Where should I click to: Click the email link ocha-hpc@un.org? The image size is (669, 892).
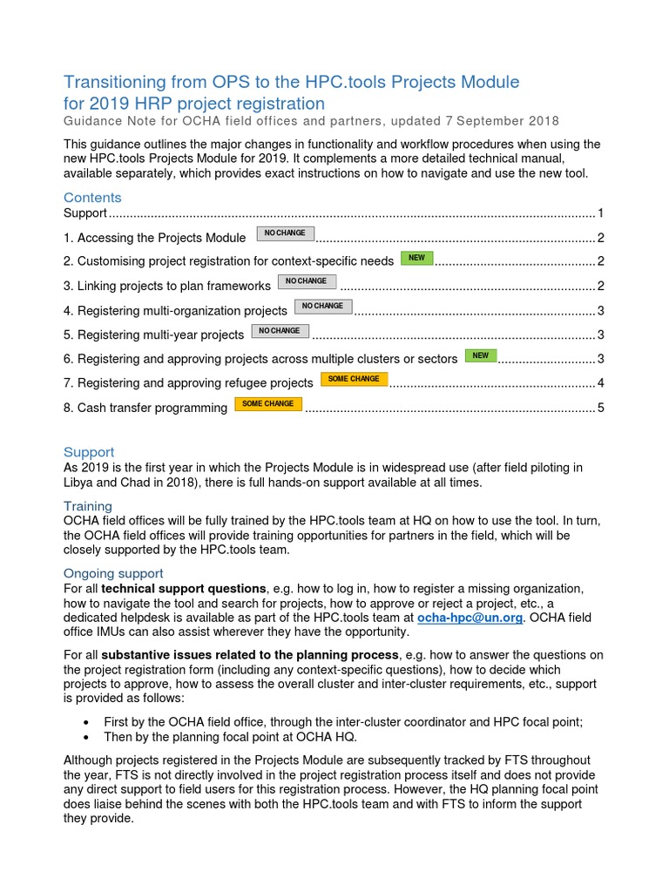click(x=470, y=617)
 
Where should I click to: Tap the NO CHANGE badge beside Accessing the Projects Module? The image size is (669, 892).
click(x=285, y=233)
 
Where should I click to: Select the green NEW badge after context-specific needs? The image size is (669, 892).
click(x=416, y=258)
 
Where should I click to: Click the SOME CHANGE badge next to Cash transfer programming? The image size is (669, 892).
click(x=267, y=404)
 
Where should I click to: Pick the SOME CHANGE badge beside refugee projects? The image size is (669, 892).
click(x=354, y=379)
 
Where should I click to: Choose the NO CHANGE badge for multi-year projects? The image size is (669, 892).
click(x=280, y=331)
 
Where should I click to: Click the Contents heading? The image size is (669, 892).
click(x=92, y=198)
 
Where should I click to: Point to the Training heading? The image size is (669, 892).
click(x=88, y=506)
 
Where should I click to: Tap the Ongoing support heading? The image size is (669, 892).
click(x=113, y=573)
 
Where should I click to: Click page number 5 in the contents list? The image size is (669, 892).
click(x=600, y=408)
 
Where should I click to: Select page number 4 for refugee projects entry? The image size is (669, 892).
click(x=600, y=383)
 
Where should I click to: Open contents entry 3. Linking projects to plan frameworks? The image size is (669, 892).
click(x=167, y=286)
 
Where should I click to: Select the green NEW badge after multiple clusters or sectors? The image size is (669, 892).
click(x=481, y=355)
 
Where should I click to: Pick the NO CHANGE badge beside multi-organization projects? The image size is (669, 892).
click(x=322, y=307)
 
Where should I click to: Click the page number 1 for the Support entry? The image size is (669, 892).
click(x=600, y=213)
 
